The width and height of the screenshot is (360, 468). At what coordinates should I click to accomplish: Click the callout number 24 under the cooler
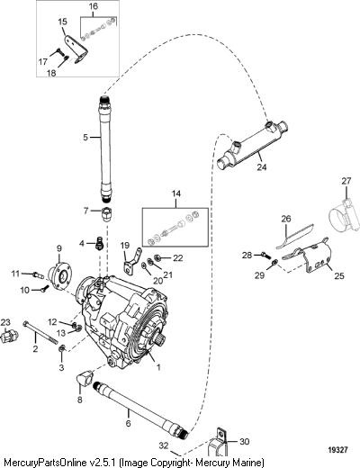point(262,166)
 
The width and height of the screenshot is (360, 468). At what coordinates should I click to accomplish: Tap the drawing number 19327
point(337,450)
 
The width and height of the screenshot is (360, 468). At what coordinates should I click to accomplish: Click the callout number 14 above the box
point(176,193)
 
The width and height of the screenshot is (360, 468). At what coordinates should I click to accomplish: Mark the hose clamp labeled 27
point(345,216)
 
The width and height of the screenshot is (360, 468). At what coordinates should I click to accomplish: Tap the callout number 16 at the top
point(94,6)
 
